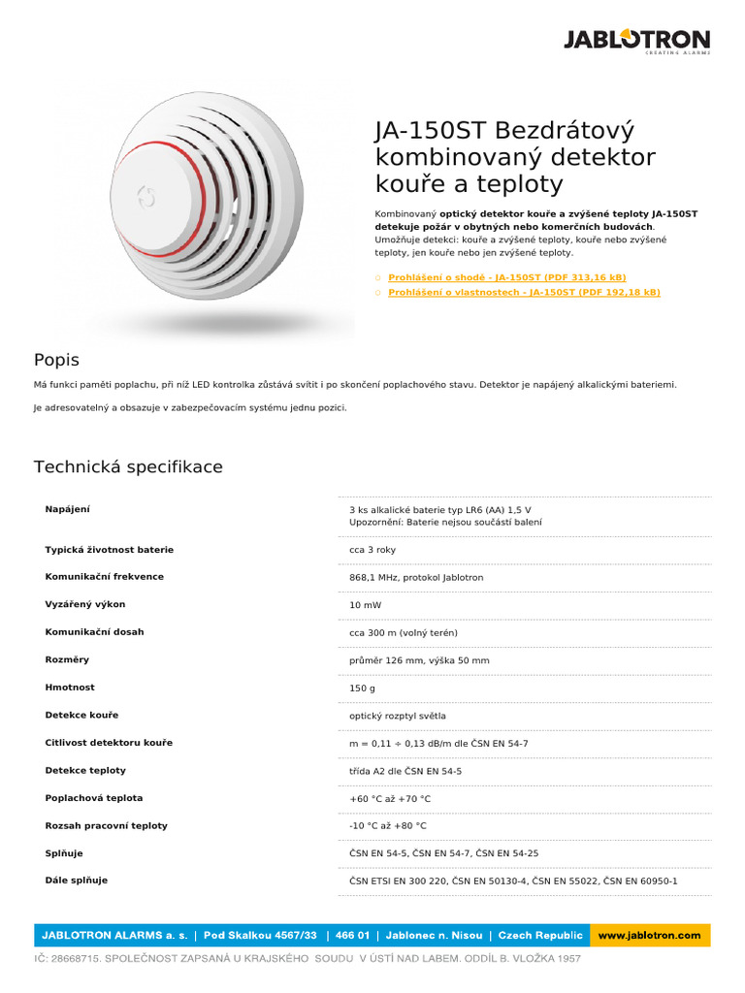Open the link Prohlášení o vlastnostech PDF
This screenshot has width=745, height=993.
pyautogui.click(x=524, y=292)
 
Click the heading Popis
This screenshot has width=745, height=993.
pyautogui.click(x=56, y=360)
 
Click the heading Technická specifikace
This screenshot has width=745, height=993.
pyautogui.click(x=128, y=467)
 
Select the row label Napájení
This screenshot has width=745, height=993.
pyautogui.click(x=67, y=509)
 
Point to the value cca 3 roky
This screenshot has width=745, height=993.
pyautogui.click(x=372, y=550)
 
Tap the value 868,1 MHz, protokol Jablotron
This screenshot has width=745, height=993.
pyautogui.click(x=416, y=577)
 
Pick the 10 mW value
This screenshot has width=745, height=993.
pyautogui.click(x=365, y=605)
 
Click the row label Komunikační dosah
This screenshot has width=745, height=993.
pyautogui.click(x=94, y=632)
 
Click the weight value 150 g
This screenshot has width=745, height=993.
pyautogui.click(x=362, y=688)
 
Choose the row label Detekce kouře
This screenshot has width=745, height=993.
pyautogui.click(x=81, y=716)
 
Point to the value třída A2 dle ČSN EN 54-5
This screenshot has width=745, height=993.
pyautogui.click(x=405, y=771)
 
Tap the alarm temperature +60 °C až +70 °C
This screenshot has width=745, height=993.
pyautogui.click(x=389, y=799)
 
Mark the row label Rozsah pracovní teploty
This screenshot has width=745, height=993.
pyautogui.click(x=106, y=826)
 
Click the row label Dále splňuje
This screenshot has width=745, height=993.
pyautogui.click(x=76, y=881)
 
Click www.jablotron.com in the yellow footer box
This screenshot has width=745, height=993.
pyautogui.click(x=649, y=936)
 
